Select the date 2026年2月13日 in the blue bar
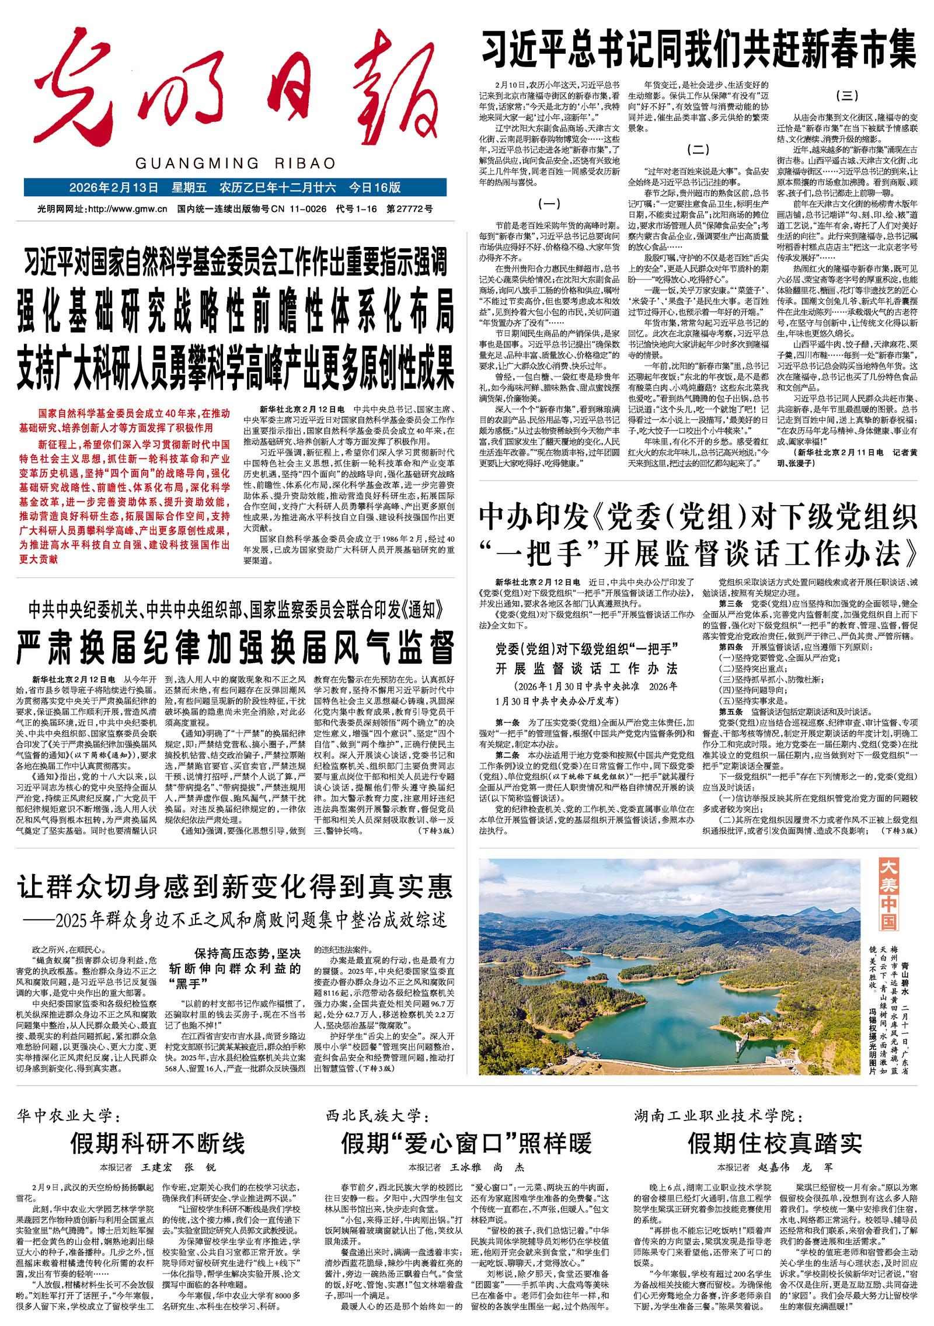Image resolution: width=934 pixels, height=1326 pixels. (x=114, y=188)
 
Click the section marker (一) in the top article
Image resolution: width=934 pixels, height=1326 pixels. (x=548, y=204)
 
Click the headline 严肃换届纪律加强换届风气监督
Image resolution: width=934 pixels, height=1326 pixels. (x=235, y=644)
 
